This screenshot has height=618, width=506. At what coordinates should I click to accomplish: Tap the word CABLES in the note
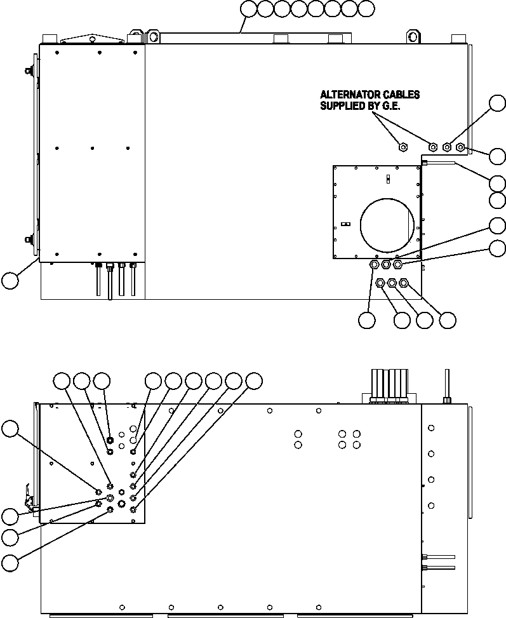click(x=401, y=95)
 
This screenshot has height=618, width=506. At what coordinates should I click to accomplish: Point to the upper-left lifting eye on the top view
click(x=152, y=35)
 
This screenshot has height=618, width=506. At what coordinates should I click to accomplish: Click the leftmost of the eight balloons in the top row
click(x=248, y=8)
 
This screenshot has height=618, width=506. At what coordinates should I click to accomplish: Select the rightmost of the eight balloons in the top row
click(x=366, y=8)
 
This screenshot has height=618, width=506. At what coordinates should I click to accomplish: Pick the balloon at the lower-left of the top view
click(x=11, y=280)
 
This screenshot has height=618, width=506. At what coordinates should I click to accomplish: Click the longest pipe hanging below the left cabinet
click(x=110, y=283)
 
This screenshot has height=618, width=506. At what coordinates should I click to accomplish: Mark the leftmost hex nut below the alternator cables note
click(x=403, y=147)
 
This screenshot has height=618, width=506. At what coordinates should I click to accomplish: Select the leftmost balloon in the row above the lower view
click(x=61, y=381)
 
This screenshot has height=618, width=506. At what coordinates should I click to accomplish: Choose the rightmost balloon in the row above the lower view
click(x=254, y=381)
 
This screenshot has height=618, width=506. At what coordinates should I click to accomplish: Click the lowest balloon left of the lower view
click(x=10, y=562)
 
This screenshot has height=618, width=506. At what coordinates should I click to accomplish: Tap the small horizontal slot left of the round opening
click(x=345, y=224)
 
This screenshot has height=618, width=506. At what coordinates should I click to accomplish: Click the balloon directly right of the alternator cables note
click(x=498, y=104)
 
